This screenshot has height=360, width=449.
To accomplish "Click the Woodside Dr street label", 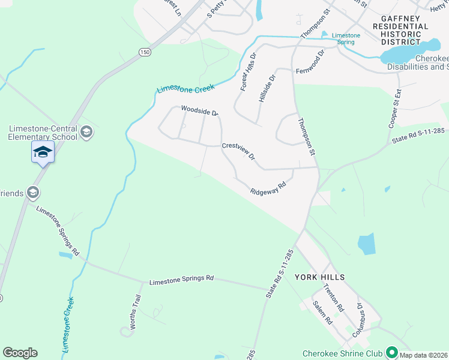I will point(199,110).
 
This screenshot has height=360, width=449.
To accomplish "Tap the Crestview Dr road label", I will point(239,151).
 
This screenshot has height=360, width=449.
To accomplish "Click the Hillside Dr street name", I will point(267,88).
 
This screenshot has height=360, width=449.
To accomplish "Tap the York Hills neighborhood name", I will point(319,277).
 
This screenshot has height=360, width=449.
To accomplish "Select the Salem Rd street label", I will point(322,313).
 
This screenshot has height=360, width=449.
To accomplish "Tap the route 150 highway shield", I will point(145,53).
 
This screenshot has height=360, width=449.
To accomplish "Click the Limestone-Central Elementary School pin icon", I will point(86,132).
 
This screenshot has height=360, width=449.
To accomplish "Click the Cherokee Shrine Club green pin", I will point(392,352).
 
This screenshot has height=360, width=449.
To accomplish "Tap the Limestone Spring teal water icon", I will point(325,35).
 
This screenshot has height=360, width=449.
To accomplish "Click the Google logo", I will point(20,353).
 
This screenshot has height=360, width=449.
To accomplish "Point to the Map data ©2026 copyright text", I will point(424,355).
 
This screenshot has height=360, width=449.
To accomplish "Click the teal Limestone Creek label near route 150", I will point(185,88).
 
